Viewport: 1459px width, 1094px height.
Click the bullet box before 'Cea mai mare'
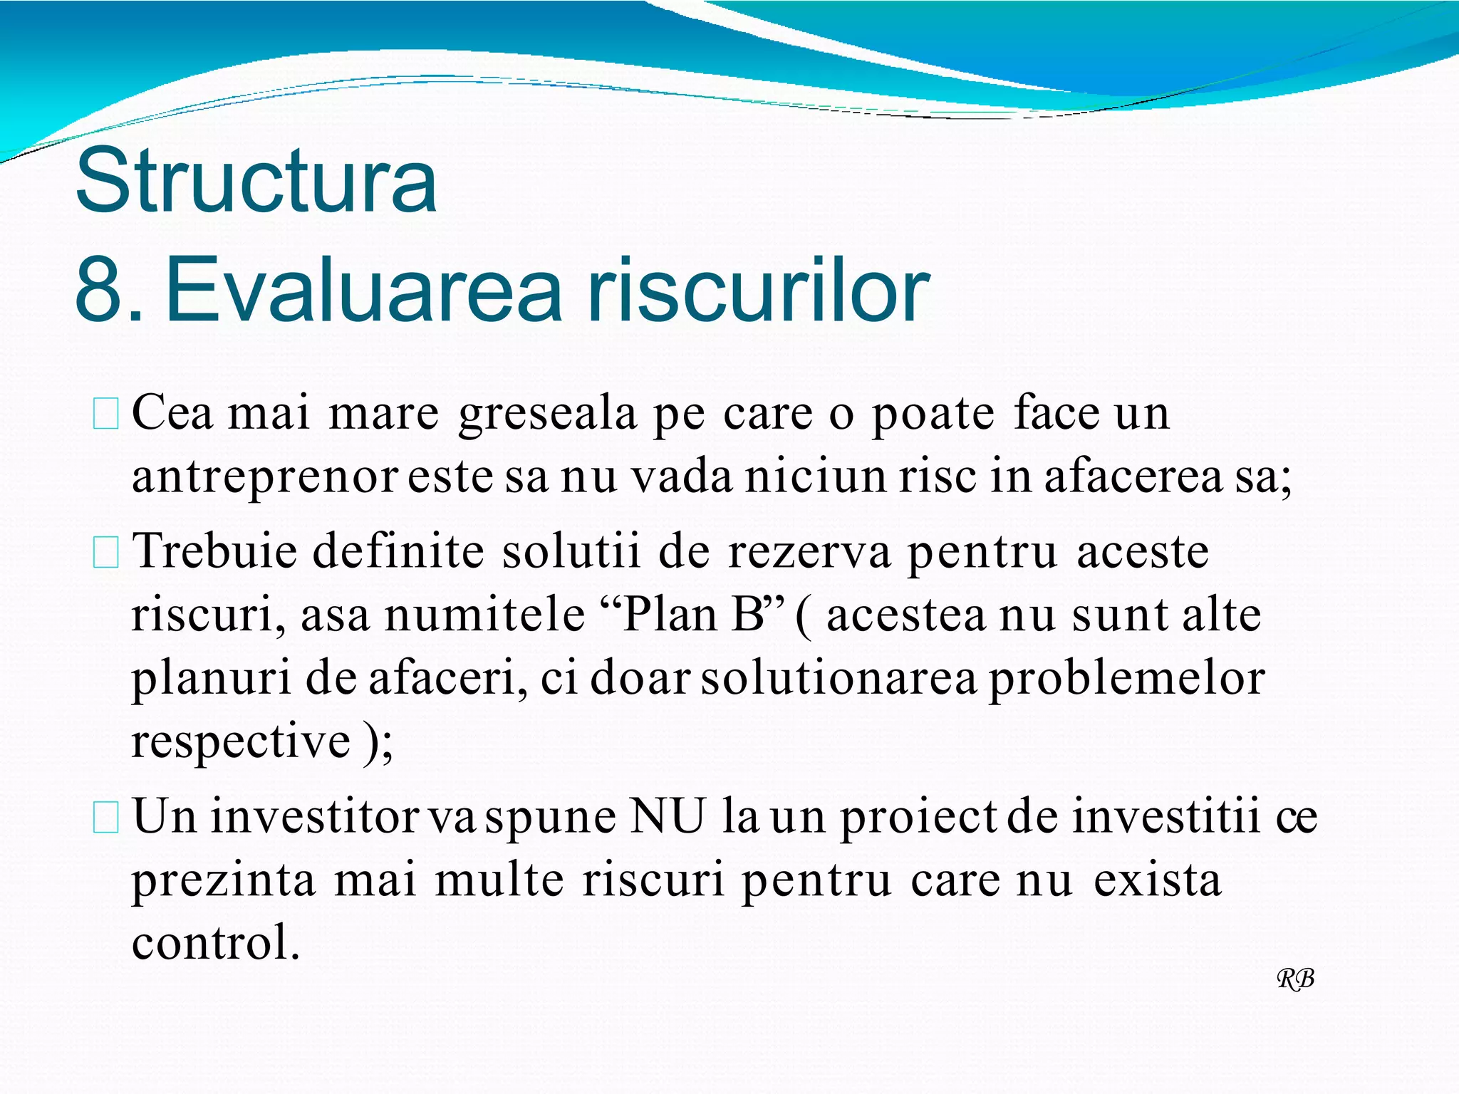pos(106,415)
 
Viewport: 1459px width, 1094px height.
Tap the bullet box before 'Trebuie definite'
pos(106,553)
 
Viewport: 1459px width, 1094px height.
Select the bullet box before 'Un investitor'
pos(106,818)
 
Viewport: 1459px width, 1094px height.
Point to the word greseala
pos(547,415)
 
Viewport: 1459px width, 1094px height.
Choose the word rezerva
pos(809,553)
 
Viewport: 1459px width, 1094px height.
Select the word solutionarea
pos(838,678)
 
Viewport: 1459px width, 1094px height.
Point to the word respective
pos(241,742)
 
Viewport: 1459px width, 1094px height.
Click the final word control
pos(215,943)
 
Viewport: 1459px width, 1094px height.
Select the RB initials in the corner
pos(1295,979)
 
